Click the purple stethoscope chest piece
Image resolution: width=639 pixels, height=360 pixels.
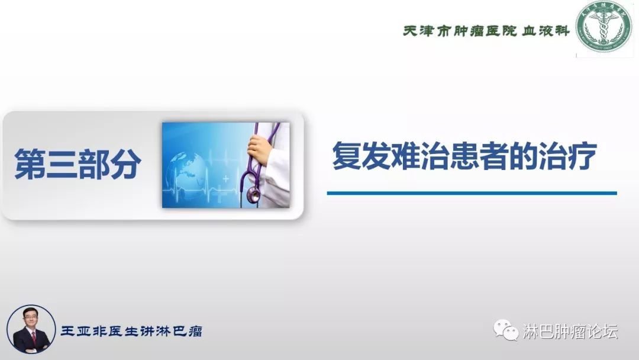(254, 193)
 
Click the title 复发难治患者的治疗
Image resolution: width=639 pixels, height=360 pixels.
(464, 156)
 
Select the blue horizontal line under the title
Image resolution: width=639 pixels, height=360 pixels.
(472, 193)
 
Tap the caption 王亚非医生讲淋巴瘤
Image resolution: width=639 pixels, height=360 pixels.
(131, 331)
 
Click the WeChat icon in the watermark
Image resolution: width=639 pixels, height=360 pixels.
(506, 330)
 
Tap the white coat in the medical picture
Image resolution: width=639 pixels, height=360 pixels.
(278, 178)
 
